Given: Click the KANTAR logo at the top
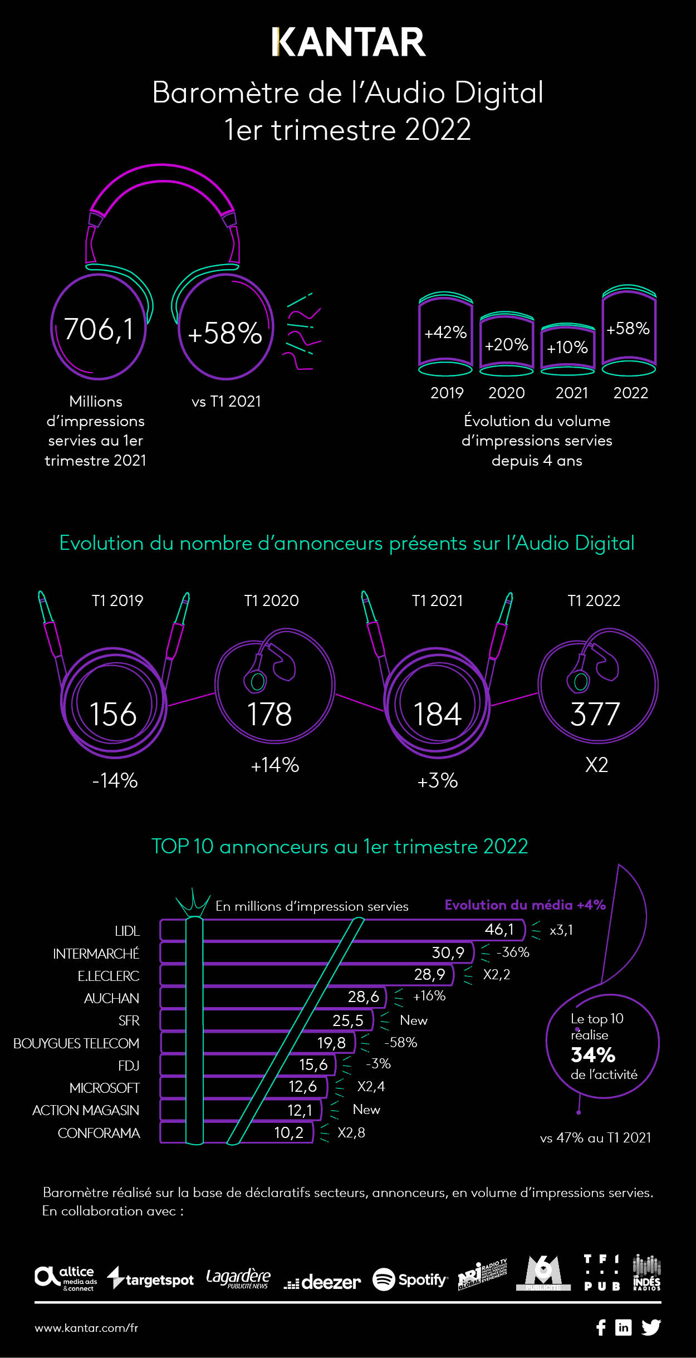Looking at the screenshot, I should click(349, 42).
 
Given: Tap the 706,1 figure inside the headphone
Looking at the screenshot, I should click(99, 329).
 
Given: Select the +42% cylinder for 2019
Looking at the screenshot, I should click(445, 333).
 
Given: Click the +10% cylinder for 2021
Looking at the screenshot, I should click(567, 348).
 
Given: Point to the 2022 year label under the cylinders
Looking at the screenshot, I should click(630, 393).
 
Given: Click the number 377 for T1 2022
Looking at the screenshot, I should click(595, 715).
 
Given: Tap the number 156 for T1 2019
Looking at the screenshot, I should click(113, 715).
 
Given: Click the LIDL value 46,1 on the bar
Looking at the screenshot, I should click(499, 929).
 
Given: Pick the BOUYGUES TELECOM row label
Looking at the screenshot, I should click(76, 1043).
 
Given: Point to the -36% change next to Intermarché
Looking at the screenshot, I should click(513, 952).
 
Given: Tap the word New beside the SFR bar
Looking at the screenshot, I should click(414, 1020).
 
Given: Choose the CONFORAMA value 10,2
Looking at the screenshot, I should click(288, 1132).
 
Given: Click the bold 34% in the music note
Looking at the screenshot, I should click(593, 1055).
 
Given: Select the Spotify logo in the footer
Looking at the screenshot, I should click(410, 1279).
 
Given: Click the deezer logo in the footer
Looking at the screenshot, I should click(322, 1282).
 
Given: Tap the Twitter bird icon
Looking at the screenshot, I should click(651, 1327).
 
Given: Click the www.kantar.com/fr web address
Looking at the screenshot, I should click(86, 1328).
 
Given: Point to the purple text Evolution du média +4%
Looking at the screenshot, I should click(525, 905).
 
